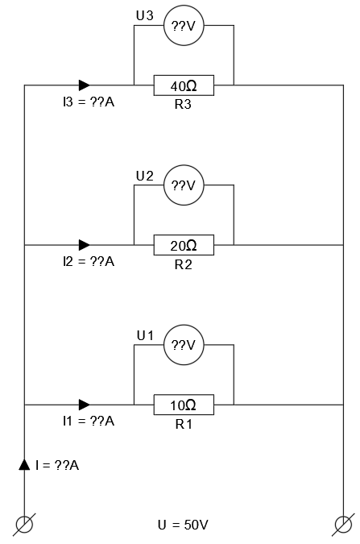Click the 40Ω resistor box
click(184, 85)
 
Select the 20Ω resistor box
click(184, 244)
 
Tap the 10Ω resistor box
click(184, 404)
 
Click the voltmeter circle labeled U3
click(184, 27)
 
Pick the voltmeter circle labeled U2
click(184, 186)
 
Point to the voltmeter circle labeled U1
click(184, 345)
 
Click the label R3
click(184, 105)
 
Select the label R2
click(184, 264)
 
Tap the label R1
click(184, 424)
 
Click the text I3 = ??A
click(88, 103)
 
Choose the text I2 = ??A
click(88, 262)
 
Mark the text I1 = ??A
click(88, 421)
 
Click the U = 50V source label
click(183, 525)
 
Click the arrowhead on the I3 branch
click(84, 85)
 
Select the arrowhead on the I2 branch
click(84, 244)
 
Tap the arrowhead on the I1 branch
click(84, 404)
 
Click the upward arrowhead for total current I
click(26, 464)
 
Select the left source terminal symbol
click(26, 524)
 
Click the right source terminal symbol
click(344, 524)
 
